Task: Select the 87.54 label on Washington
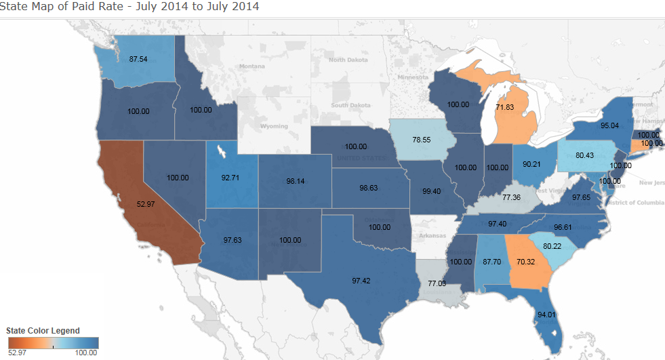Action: click(139, 59)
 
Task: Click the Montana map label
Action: click(251, 66)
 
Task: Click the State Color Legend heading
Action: click(43, 331)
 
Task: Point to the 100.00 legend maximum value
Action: click(86, 353)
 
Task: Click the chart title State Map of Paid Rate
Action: click(129, 7)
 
